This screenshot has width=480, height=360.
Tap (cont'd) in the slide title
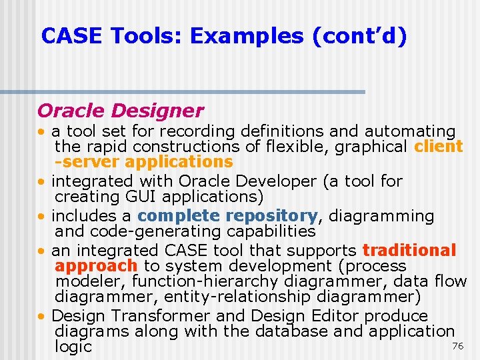coord(359,36)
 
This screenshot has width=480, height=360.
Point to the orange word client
coord(438,147)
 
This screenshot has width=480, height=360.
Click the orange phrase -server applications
coord(144,162)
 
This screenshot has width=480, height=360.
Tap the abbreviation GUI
coord(141,197)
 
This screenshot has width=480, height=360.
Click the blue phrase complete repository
coord(227,216)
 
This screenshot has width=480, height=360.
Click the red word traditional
coord(409,251)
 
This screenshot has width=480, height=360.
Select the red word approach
coord(96,266)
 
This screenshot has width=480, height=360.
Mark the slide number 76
coord(457,346)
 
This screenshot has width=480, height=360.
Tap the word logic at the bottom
coord(73,347)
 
